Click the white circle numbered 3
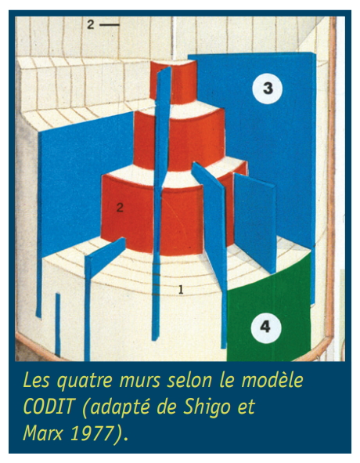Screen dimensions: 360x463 click(x=268, y=89)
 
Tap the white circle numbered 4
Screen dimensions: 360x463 click(x=265, y=327)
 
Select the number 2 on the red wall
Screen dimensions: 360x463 click(x=120, y=208)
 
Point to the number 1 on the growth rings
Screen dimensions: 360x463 click(x=181, y=290)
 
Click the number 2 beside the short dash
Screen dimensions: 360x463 click(x=91, y=24)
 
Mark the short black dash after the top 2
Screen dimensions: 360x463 click(x=110, y=25)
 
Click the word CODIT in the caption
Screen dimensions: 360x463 click(x=48, y=407)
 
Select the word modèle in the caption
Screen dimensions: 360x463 click(x=272, y=380)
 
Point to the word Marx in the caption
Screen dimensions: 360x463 click(x=43, y=433)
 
